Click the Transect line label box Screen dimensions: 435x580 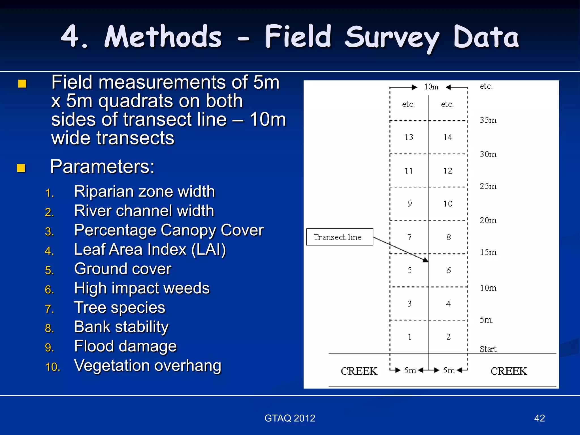(x=339, y=237)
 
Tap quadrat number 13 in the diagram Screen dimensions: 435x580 (x=409, y=137)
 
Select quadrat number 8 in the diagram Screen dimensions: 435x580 (x=448, y=237)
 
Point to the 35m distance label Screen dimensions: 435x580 (x=488, y=120)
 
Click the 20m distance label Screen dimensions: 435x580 (x=488, y=220)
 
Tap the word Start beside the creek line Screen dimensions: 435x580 (x=488, y=349)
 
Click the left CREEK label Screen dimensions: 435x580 (x=359, y=371)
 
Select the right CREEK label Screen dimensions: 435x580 (x=509, y=371)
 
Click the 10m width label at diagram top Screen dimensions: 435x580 (x=431, y=87)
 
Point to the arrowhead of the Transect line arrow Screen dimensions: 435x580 (x=426, y=260)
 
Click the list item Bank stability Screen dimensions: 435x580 (x=121, y=327)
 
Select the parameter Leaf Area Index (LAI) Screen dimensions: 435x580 (x=150, y=250)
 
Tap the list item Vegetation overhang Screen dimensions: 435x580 (x=148, y=365)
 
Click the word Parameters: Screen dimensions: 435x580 (x=102, y=166)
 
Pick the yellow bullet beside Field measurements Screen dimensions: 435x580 (x=22, y=84)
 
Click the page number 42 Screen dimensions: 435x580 (x=539, y=418)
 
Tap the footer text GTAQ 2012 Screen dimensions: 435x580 (x=290, y=418)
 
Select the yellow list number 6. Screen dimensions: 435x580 (x=49, y=289)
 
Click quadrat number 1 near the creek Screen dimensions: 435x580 (x=410, y=337)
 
